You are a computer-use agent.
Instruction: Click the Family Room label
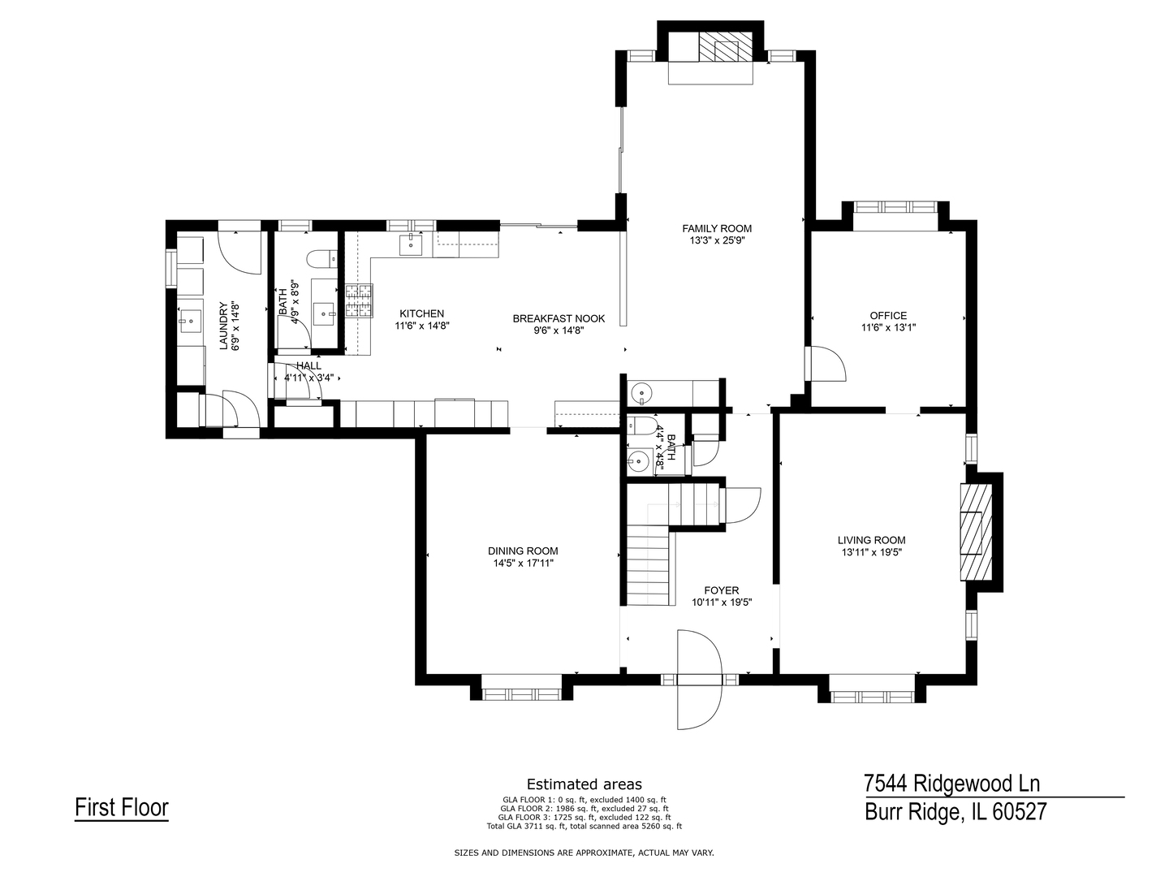(717, 228)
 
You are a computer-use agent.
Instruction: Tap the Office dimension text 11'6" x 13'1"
(888, 327)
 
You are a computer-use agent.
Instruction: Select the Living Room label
(871, 541)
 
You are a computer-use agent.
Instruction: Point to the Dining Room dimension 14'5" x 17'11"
(524, 564)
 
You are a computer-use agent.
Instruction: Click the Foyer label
(722, 590)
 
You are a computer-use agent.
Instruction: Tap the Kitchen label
(422, 313)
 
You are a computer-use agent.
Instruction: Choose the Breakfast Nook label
(559, 318)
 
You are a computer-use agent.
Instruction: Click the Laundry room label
(224, 326)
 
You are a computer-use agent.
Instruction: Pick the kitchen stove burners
(359, 301)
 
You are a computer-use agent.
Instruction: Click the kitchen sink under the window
(411, 245)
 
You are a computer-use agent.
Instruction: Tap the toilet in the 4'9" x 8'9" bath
(321, 258)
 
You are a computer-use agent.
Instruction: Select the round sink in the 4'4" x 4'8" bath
(638, 459)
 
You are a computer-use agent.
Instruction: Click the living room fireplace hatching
(976, 532)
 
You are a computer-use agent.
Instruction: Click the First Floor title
(122, 807)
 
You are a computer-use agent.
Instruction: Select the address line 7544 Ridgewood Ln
(951, 784)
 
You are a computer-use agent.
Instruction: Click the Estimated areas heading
(584, 784)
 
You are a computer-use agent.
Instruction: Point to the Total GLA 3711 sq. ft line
(584, 827)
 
